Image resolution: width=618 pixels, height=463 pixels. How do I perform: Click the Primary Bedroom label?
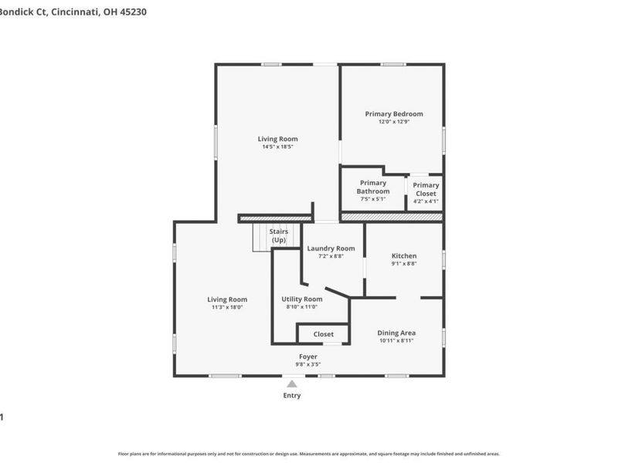click(394, 113)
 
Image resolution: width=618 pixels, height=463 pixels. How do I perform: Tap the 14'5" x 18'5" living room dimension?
click(277, 147)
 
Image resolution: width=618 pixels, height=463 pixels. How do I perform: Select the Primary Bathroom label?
click(372, 188)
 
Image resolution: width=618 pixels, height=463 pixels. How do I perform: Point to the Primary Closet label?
click(426, 189)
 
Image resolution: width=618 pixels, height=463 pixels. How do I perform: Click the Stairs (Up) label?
click(278, 235)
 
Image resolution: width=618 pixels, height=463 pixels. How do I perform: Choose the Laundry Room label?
click(331, 248)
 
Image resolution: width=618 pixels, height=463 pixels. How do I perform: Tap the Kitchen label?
click(404, 255)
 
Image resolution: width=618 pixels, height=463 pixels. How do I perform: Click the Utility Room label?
click(301, 299)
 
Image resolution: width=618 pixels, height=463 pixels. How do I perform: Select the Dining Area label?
click(397, 333)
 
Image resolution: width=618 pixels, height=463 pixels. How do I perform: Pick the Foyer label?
click(307, 357)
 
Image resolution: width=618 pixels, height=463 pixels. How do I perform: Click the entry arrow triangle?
click(292, 383)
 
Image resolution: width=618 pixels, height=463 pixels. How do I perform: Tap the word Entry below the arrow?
click(292, 396)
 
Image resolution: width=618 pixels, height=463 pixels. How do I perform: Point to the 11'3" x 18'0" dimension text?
click(227, 307)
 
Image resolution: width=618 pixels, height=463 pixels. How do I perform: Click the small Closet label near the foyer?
click(324, 334)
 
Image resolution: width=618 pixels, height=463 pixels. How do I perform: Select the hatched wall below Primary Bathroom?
click(392, 218)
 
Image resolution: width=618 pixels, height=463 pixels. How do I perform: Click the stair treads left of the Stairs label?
click(260, 237)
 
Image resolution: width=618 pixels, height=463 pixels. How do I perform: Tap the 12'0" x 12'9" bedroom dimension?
click(394, 122)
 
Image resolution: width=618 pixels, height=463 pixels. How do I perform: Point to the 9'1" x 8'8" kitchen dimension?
click(404, 264)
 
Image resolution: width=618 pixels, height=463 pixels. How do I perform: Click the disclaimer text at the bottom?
click(309, 454)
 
